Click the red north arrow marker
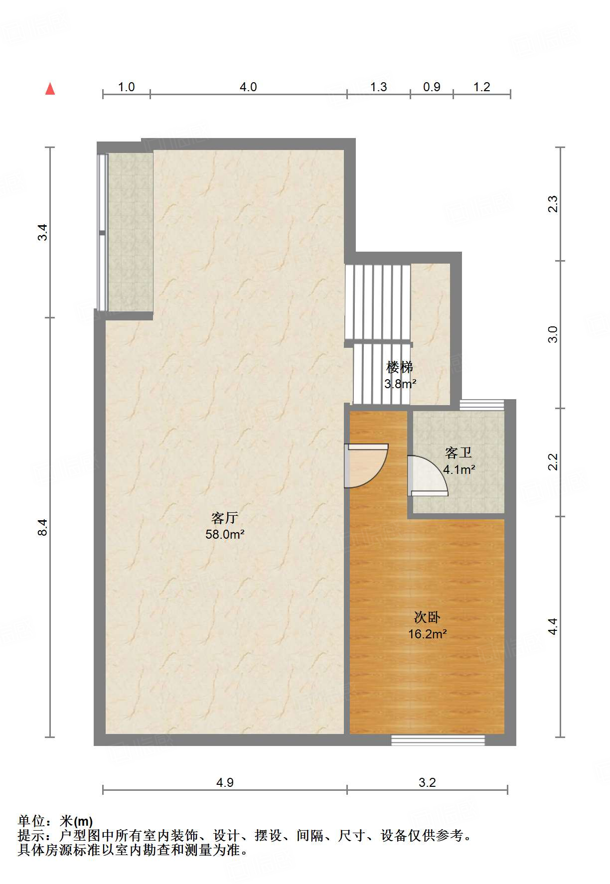[x=50, y=89]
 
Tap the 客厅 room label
[x=224, y=518]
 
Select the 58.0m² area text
[x=225, y=535]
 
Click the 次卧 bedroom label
[x=427, y=617]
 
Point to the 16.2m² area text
[x=427, y=634]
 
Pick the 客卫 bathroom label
[x=458, y=453]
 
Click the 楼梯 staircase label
[x=400, y=367]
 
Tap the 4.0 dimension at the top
[x=248, y=87]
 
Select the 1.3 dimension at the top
[x=378, y=87]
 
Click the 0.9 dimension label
[x=432, y=87]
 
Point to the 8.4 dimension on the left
[x=43, y=527]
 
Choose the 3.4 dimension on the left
[x=43, y=232]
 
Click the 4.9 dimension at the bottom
[x=225, y=782]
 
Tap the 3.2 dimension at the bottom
[x=427, y=782]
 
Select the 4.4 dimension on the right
[x=553, y=626]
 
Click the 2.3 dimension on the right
[x=553, y=204]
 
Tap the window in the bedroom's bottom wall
[x=438, y=740]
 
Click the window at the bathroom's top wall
[x=481, y=405]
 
